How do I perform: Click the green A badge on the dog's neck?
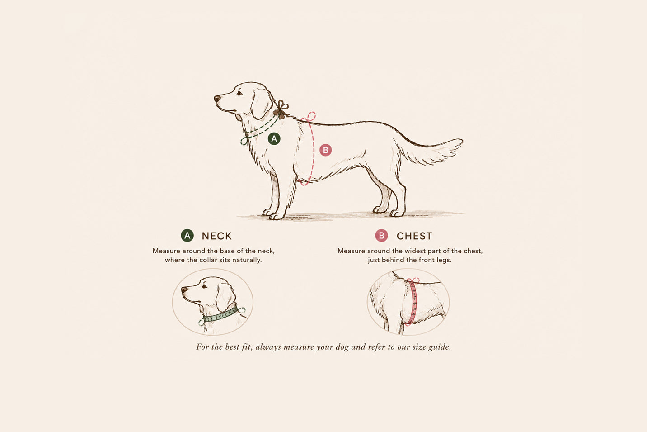pyautogui.click(x=274, y=139)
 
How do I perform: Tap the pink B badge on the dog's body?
pyautogui.click(x=325, y=150)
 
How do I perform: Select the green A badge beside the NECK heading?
pyautogui.click(x=187, y=236)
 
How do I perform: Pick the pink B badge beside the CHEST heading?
pyautogui.click(x=381, y=236)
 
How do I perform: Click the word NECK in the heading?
pyautogui.click(x=216, y=236)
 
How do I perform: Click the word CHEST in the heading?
pyautogui.click(x=414, y=236)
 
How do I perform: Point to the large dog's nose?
pyautogui.click(x=217, y=98)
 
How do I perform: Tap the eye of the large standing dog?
pyautogui.click(x=239, y=93)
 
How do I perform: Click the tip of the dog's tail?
pyautogui.click(x=462, y=142)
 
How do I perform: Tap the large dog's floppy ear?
pyautogui.click(x=260, y=103)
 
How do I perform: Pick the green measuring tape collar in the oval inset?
pyautogui.click(x=221, y=315)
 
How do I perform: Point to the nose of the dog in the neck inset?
pyautogui.click(x=184, y=289)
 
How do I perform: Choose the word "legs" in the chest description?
pyautogui.click(x=443, y=260)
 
